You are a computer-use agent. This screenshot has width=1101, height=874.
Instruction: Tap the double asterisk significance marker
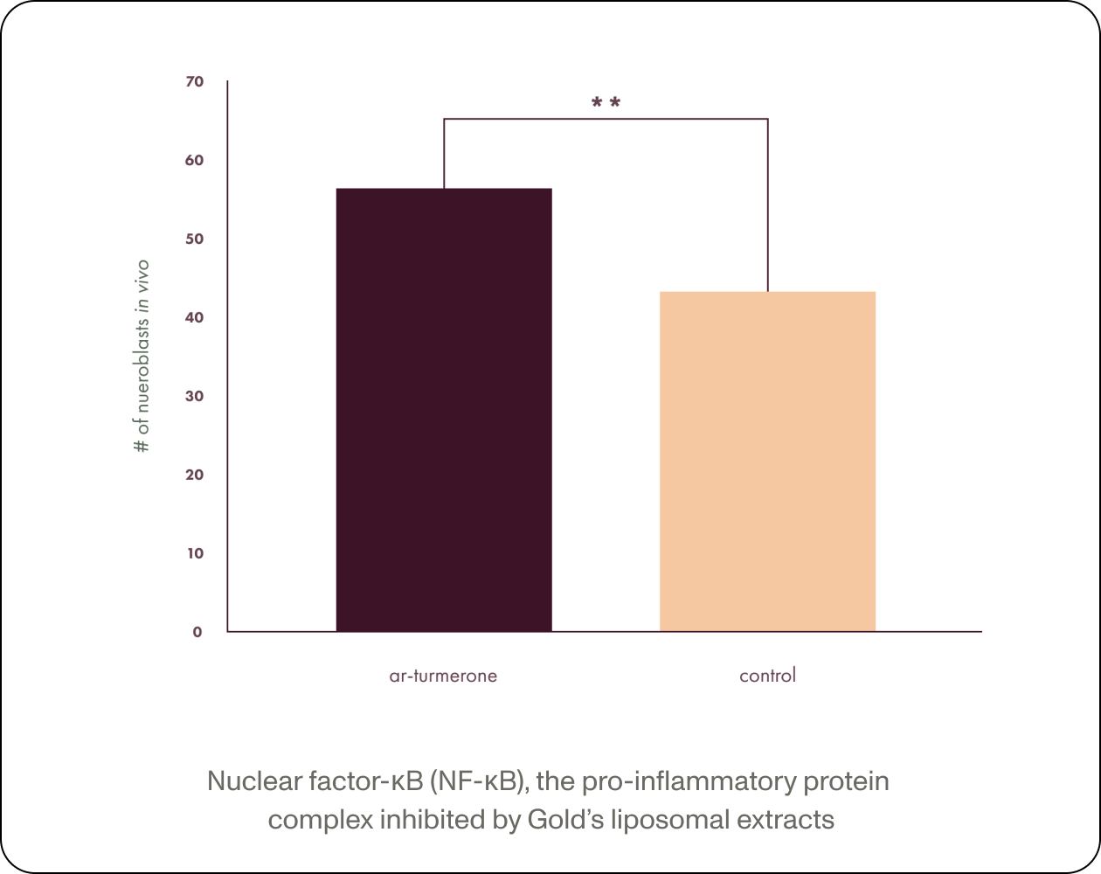coord(606,103)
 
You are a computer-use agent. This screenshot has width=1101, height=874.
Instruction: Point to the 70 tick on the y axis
coord(194,81)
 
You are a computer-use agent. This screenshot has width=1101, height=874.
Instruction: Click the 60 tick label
coord(194,160)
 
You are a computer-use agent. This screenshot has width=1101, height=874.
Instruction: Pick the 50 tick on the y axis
coord(194,239)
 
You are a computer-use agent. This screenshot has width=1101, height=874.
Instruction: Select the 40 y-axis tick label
coord(194,317)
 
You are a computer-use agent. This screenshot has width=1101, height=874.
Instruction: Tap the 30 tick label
coord(194,396)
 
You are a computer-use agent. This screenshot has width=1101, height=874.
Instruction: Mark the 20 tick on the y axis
coord(194,475)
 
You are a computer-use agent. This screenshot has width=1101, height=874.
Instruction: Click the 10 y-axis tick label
coord(194,553)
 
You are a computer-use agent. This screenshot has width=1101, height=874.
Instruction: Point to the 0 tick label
coord(197,632)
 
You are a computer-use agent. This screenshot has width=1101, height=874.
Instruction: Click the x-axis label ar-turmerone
coord(443,676)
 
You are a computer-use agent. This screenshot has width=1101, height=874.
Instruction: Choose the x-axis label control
coord(767,676)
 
